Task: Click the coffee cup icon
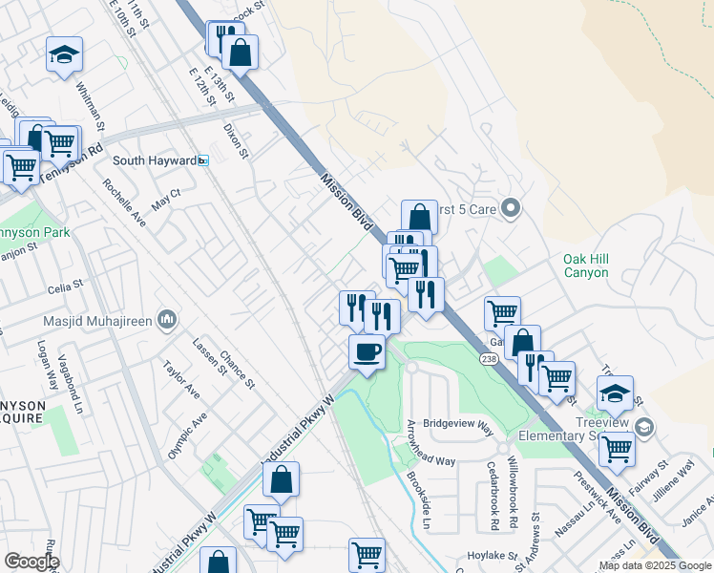point(367,351)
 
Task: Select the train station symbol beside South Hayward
point(203,160)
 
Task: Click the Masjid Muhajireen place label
point(97,320)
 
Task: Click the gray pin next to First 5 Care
point(511,207)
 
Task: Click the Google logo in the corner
point(31,561)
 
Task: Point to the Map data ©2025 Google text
point(654,565)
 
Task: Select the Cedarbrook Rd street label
point(493,498)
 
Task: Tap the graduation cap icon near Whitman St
point(64,54)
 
